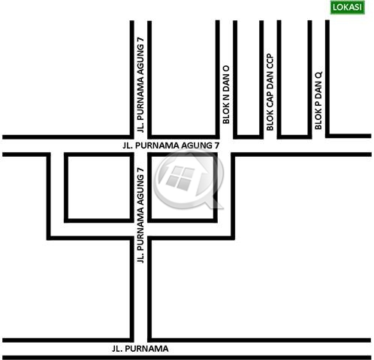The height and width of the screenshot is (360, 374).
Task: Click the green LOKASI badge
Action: point(347,7)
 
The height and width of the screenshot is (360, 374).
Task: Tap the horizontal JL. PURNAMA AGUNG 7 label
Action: point(171,145)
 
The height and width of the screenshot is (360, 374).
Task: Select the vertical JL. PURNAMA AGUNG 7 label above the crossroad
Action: point(140,85)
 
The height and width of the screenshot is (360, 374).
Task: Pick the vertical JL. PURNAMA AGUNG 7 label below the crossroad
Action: point(140,215)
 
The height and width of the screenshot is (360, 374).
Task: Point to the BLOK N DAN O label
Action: point(226,94)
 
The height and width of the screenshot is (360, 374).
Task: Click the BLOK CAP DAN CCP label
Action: point(270,92)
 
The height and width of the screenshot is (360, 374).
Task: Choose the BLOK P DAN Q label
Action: point(318,100)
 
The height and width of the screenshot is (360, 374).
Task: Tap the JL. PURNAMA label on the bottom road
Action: point(140,349)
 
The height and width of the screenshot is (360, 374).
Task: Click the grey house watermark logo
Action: point(189,179)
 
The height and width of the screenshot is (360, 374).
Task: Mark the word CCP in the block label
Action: point(270,61)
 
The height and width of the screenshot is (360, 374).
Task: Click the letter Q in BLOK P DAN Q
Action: point(318,75)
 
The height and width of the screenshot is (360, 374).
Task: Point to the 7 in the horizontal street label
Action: point(217,145)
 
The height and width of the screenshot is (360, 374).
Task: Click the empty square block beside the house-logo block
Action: point(99,187)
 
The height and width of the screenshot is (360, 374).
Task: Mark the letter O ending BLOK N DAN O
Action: point(226,69)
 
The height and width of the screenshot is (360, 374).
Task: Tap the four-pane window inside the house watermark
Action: point(181,178)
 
